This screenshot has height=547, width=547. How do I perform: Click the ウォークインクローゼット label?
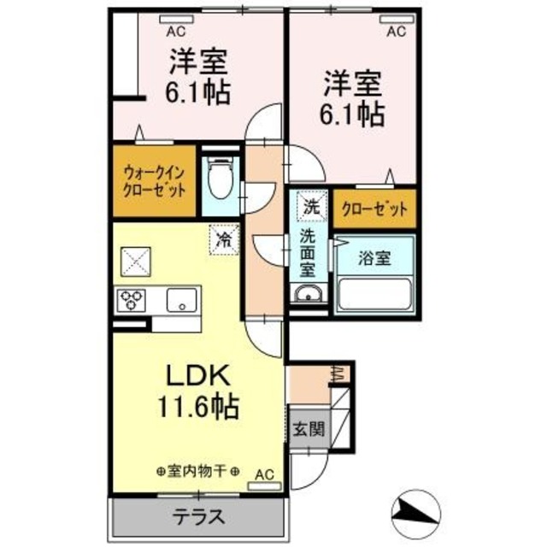click(154, 181)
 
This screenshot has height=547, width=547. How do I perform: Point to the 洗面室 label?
click(308, 253)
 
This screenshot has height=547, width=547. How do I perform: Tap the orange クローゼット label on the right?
click(373, 209)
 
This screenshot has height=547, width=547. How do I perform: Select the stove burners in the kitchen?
click(133, 300)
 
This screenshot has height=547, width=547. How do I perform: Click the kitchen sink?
click(181, 300)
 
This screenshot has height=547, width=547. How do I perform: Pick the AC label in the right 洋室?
click(397, 32)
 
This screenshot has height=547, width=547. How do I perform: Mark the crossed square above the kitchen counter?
click(135, 260)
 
